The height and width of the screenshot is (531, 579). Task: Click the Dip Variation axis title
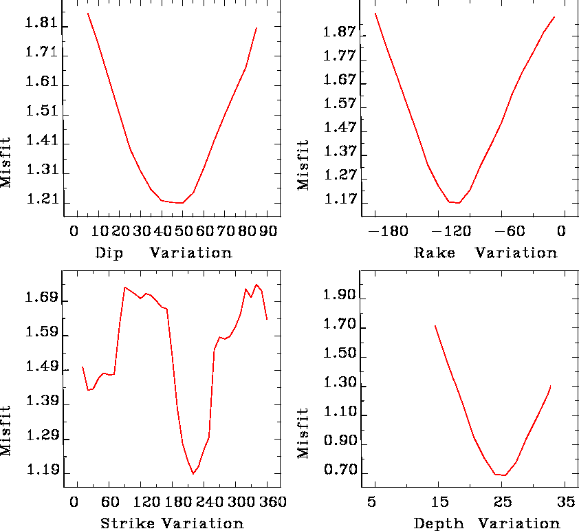164,252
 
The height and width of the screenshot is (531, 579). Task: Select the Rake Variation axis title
485,252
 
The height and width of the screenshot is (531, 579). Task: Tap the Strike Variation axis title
172,523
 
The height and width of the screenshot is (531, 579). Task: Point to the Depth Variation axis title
486,523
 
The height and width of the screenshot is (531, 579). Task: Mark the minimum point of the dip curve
181,203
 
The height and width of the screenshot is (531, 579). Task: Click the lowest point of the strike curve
193,474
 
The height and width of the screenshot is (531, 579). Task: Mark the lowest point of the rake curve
458,203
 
